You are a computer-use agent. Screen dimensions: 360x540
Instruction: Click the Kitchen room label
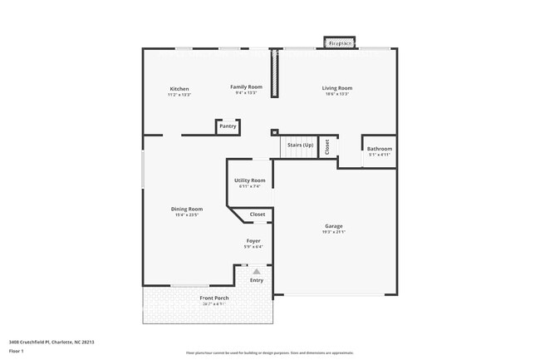click(179, 89)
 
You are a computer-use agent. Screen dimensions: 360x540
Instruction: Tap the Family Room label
click(247, 86)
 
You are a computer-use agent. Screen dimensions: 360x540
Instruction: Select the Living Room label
click(337, 88)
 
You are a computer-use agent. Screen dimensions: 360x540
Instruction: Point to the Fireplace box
click(338, 42)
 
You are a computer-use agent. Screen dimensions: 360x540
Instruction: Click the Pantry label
click(228, 126)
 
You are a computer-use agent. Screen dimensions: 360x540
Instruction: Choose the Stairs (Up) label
click(301, 145)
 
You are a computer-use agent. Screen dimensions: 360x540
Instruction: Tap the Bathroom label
click(380, 149)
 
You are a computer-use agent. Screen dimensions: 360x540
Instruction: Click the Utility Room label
click(250, 180)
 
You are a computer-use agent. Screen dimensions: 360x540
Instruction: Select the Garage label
click(334, 226)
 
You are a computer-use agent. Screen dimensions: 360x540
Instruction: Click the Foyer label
click(253, 241)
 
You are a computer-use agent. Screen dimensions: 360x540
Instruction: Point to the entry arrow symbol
click(257, 271)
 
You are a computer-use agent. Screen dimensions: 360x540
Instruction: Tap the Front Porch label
click(214, 298)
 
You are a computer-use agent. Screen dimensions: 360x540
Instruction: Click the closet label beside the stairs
click(327, 146)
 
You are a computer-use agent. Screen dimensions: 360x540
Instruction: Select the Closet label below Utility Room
click(258, 215)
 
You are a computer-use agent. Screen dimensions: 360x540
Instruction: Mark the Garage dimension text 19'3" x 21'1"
click(334, 232)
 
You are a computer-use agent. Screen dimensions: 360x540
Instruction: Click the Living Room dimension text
click(337, 94)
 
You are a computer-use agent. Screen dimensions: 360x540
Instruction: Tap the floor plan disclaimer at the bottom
click(270, 353)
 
